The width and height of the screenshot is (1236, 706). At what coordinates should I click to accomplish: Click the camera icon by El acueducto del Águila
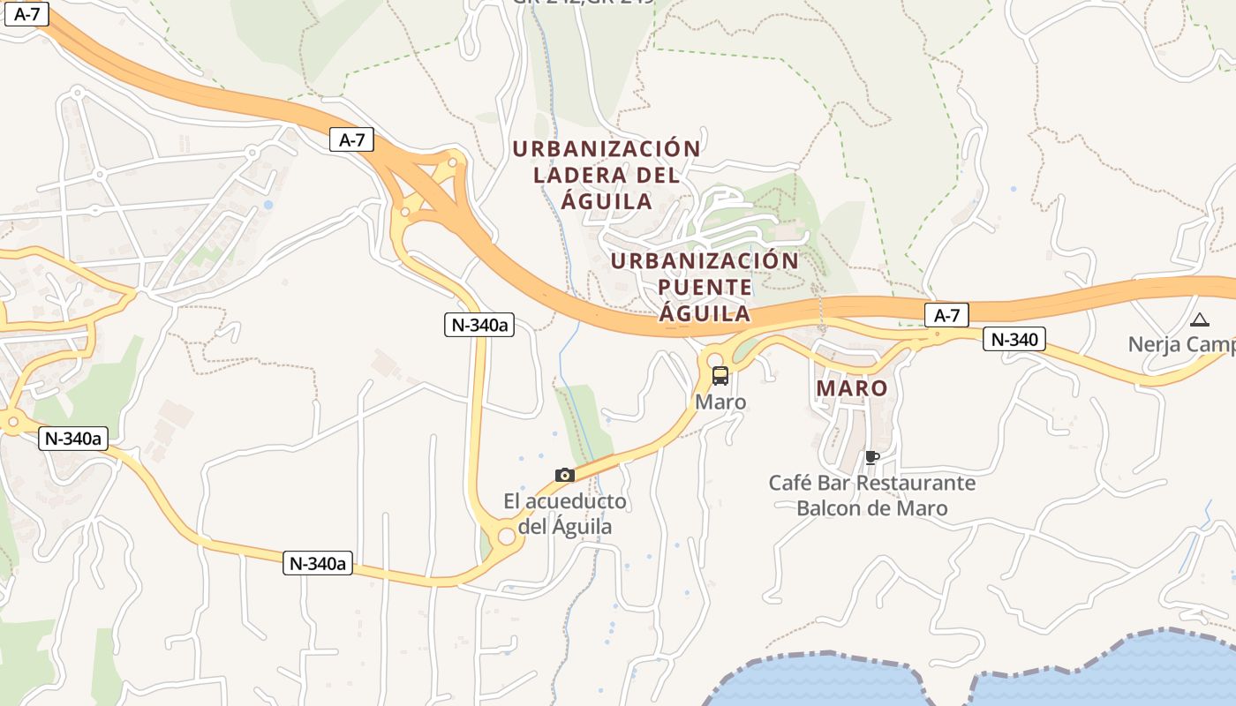[x=565, y=475]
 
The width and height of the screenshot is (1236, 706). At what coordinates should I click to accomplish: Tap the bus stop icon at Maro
[x=720, y=376]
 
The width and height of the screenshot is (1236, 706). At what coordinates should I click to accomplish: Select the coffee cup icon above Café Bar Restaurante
[x=871, y=457]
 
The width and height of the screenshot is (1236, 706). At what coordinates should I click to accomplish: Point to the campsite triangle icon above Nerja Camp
[x=1199, y=319]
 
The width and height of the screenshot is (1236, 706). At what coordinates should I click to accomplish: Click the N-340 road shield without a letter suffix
[x=1014, y=339]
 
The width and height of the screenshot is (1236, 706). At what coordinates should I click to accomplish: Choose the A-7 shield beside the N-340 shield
[x=946, y=315]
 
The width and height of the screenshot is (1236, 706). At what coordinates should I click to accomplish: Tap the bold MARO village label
[x=852, y=388]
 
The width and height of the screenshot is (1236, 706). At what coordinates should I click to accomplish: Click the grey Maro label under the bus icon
[x=720, y=402]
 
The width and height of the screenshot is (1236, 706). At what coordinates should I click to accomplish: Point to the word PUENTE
[x=705, y=288]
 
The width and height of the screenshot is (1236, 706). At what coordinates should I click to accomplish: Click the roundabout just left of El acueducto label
[x=506, y=536]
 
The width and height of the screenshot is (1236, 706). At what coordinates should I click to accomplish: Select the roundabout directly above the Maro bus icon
[x=714, y=359]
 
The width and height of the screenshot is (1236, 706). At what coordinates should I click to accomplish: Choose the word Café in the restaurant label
[x=788, y=484]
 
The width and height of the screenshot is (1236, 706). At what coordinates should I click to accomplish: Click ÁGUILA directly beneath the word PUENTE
[x=705, y=313]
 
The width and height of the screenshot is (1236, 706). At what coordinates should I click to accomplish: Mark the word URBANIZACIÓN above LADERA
[x=607, y=148]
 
